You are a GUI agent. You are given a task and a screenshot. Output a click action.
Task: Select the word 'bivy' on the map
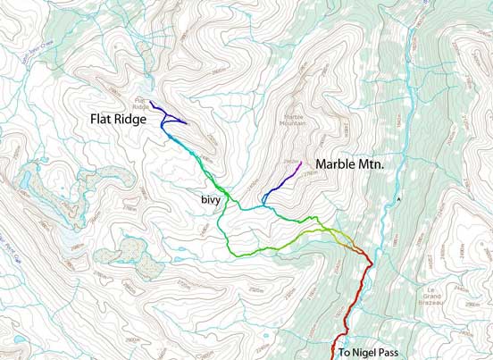[x=211, y=201]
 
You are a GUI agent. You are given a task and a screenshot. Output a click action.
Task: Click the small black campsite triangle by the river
[x=400, y=197]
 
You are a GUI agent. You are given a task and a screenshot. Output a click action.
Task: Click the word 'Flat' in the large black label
[x=102, y=119]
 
